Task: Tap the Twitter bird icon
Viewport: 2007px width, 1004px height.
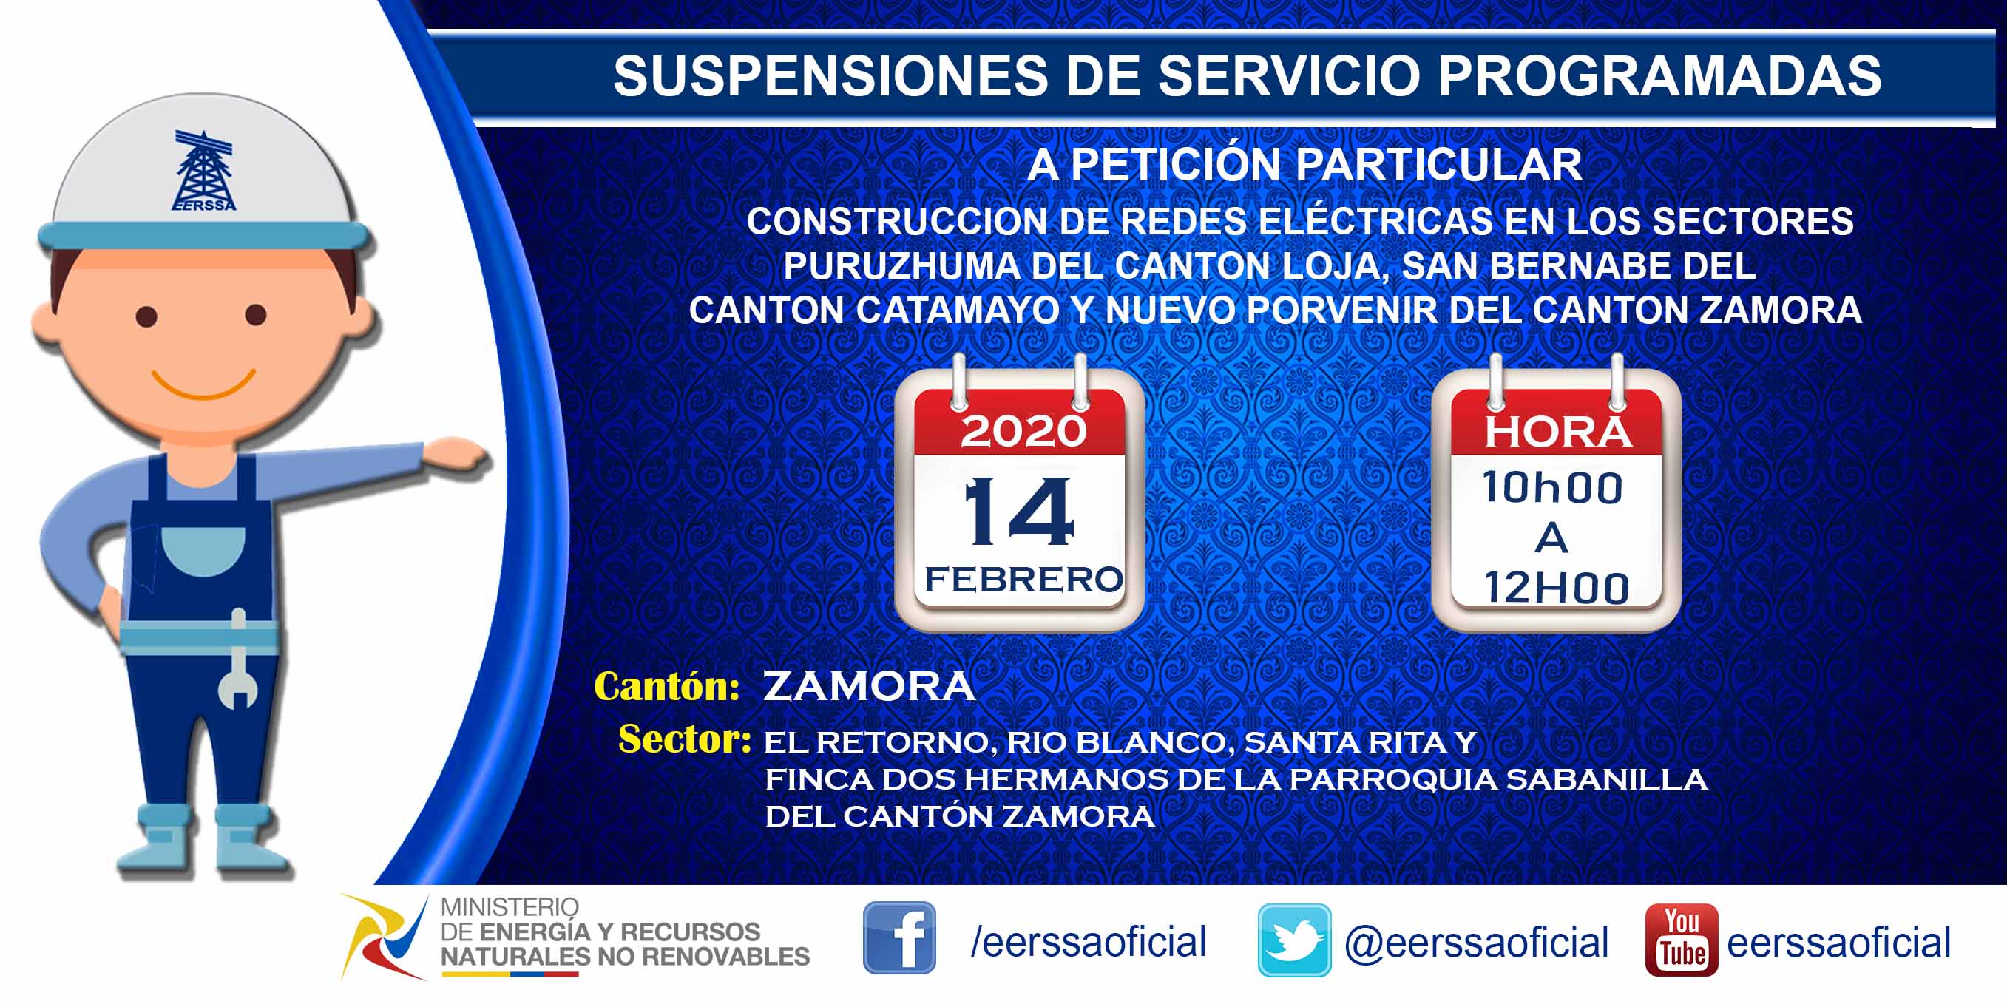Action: [1294, 940]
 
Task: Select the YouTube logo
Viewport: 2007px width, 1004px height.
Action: [1682, 940]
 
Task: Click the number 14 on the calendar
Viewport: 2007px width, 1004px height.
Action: [1019, 512]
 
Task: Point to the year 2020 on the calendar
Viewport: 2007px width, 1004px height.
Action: [1023, 432]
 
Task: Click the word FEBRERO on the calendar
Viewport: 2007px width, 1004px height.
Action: [1023, 580]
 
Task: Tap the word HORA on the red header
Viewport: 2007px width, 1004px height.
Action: [1557, 433]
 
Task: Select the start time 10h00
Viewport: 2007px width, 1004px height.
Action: [1553, 489]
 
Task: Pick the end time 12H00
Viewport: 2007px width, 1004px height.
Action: [1556, 587]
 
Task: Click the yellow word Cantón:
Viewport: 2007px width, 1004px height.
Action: [666, 686]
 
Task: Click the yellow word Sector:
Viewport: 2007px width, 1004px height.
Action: [685, 739]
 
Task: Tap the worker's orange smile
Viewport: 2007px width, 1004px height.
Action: [203, 384]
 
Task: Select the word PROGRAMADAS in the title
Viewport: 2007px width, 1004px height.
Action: [1659, 75]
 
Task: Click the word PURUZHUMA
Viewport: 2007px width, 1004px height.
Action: [901, 266]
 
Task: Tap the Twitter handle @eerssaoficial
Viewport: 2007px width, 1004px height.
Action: [1477, 943]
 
